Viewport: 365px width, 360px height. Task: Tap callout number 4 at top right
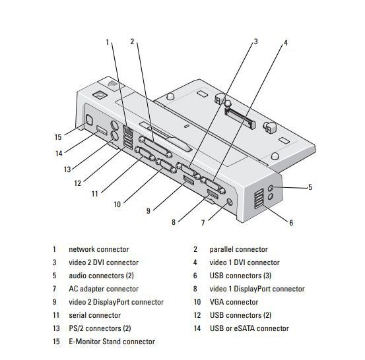[286, 43]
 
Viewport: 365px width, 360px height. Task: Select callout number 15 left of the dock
[58, 136]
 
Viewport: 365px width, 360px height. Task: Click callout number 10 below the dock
[117, 204]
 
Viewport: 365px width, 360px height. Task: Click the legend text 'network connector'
[98, 249]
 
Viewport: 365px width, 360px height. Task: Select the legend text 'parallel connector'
[238, 249]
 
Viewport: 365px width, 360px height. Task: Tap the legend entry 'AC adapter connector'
[104, 289]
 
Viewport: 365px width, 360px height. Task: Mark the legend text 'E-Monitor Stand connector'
[112, 342]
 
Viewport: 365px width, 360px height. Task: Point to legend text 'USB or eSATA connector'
[249, 328]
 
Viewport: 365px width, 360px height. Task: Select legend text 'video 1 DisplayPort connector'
[257, 289]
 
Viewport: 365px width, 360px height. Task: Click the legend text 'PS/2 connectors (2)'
[100, 328]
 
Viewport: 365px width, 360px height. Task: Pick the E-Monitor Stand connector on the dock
[88, 121]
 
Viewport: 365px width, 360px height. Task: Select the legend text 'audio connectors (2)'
[101, 276]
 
